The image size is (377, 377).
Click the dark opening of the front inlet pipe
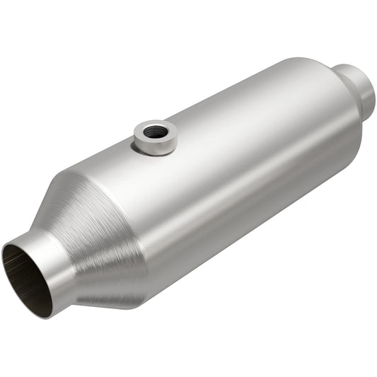coord(24,272)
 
